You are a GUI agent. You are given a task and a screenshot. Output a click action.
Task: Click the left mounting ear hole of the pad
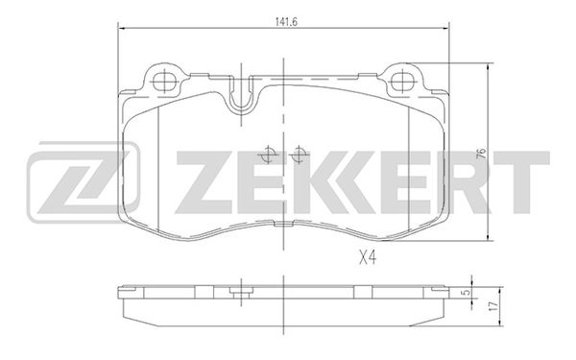point(160,80)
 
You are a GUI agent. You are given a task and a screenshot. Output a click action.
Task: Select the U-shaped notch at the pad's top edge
point(241,96)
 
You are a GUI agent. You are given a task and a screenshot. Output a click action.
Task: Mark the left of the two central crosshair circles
point(269,155)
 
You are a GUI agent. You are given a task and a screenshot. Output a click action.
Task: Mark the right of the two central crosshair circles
point(299,155)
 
